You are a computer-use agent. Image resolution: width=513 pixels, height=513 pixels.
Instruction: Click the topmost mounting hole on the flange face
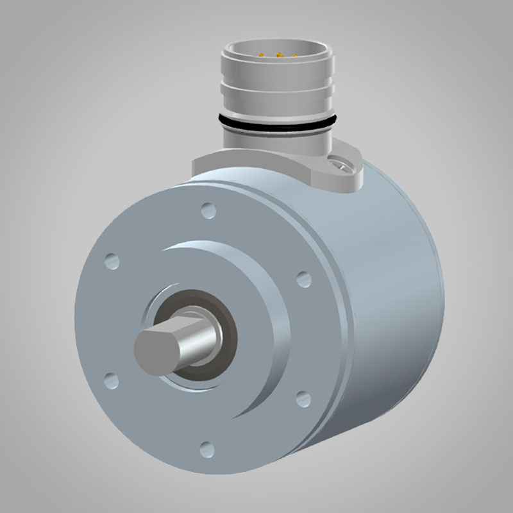(x=206, y=209)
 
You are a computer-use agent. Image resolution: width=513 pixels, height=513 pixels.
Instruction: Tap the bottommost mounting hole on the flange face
(x=206, y=447)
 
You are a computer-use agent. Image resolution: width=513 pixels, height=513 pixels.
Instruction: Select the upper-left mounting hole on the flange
(x=112, y=260)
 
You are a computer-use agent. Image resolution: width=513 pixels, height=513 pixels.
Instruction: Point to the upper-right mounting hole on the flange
(x=304, y=278)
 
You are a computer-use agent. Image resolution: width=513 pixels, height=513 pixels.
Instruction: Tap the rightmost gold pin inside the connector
(x=294, y=55)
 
